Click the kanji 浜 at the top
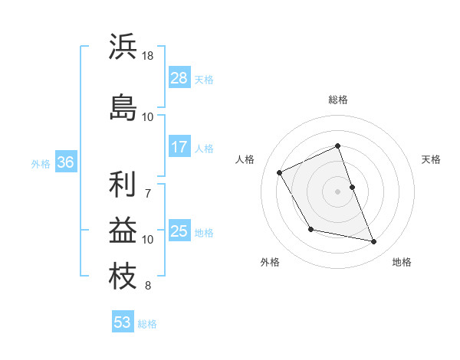click(x=123, y=47)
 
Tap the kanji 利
click(x=123, y=184)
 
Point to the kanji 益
click(x=123, y=230)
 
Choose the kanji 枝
click(x=123, y=276)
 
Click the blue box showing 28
click(x=179, y=78)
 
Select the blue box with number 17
click(x=179, y=147)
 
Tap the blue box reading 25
click(x=179, y=231)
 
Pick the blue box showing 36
click(x=66, y=162)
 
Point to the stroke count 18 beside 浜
click(x=148, y=56)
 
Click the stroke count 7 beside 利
click(x=147, y=185)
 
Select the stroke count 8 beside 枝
click(x=147, y=286)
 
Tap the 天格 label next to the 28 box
click(x=204, y=79)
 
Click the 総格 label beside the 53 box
click(x=147, y=324)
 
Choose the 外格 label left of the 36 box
click(x=41, y=163)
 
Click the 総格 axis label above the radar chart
click(x=338, y=100)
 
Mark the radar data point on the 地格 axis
click(x=374, y=242)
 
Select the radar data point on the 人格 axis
click(x=280, y=172)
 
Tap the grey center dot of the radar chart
click(x=338, y=191)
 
